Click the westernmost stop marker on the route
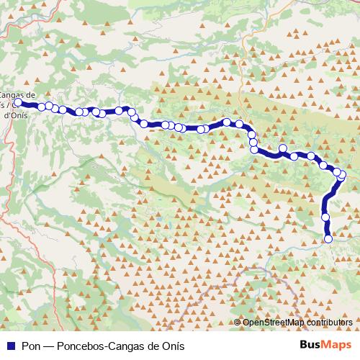point(17,103)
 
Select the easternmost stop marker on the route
point(342,175)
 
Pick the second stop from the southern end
point(325,217)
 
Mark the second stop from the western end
point(42,107)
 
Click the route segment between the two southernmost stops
point(327,228)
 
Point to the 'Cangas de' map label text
point(18,94)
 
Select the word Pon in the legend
point(31,345)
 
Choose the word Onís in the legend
point(172,345)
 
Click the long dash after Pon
point(48,345)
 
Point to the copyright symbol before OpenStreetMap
point(238,322)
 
